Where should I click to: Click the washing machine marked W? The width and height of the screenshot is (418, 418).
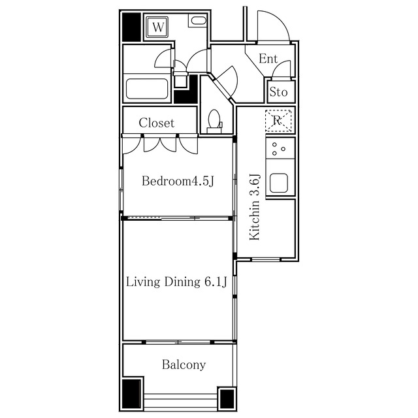coord(158,27)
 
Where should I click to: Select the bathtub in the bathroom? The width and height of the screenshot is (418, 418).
coord(147,89)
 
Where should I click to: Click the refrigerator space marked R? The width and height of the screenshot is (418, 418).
coord(278,121)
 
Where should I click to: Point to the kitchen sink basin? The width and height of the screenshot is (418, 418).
coord(279,183)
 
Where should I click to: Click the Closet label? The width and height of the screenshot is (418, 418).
coord(157,123)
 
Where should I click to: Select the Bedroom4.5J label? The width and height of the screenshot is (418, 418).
coord(178,181)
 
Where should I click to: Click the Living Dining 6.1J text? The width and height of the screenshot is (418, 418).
coord(176,281)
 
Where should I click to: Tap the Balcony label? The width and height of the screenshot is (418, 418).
coord(184,364)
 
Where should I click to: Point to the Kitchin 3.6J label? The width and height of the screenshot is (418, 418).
coord(255,207)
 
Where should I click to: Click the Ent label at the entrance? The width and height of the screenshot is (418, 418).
coord(268,59)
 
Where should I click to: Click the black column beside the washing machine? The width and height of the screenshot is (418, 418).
coord(131,27)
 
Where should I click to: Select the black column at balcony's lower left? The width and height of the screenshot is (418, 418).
coord(131,393)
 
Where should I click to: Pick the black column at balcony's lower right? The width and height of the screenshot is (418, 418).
coord(227,398)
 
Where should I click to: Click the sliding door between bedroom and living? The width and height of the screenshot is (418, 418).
coord(177,218)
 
